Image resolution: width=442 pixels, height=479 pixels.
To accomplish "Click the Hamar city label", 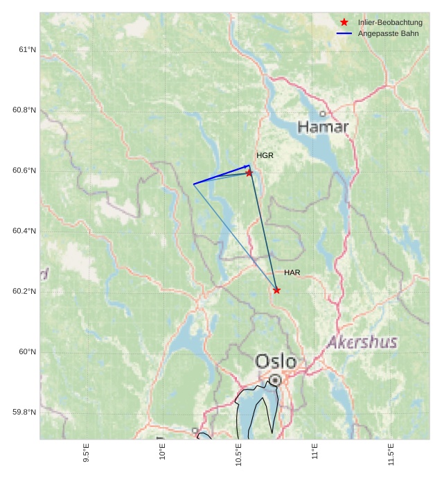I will (x=323, y=127).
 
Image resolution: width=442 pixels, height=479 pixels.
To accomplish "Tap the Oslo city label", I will (x=276, y=361).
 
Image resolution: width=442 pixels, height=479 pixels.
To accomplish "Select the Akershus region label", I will (x=362, y=342).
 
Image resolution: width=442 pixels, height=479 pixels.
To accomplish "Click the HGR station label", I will (x=265, y=155).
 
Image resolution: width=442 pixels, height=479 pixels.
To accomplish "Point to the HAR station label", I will (x=292, y=272).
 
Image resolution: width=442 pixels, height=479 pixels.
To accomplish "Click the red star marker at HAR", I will (x=277, y=290).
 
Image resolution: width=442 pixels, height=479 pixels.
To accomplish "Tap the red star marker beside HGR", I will (x=249, y=173).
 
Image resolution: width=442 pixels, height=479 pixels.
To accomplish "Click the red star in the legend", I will (x=344, y=22).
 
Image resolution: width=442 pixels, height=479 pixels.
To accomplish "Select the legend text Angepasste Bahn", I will (x=388, y=33).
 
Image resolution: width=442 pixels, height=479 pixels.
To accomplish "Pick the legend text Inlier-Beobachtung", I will (x=390, y=22).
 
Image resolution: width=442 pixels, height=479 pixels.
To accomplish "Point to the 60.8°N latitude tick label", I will (x=24, y=110).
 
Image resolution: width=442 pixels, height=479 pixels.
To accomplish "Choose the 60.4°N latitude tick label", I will (x=24, y=231).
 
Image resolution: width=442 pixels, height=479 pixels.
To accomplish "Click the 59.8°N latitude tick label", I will (x=24, y=412).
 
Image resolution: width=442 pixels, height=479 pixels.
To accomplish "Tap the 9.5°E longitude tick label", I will (x=86, y=454).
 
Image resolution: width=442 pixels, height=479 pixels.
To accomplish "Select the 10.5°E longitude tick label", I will (x=238, y=454).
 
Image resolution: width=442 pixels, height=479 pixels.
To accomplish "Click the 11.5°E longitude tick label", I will (x=391, y=454).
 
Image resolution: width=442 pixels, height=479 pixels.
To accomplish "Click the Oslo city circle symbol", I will (x=276, y=380).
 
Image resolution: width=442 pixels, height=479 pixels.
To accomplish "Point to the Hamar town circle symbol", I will (x=322, y=114).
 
